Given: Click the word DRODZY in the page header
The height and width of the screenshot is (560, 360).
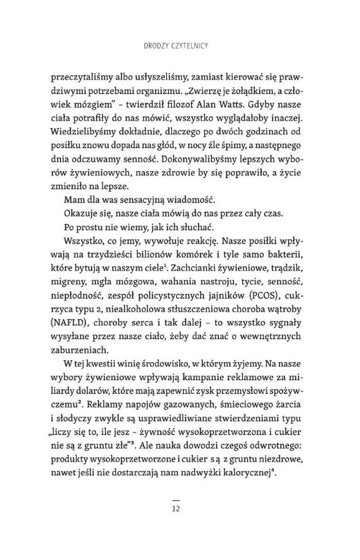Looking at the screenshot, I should coord(156,46).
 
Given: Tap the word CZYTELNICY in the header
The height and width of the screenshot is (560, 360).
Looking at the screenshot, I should coord(192,46).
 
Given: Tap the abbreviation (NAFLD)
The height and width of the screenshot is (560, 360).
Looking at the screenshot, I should coord(67,323).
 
